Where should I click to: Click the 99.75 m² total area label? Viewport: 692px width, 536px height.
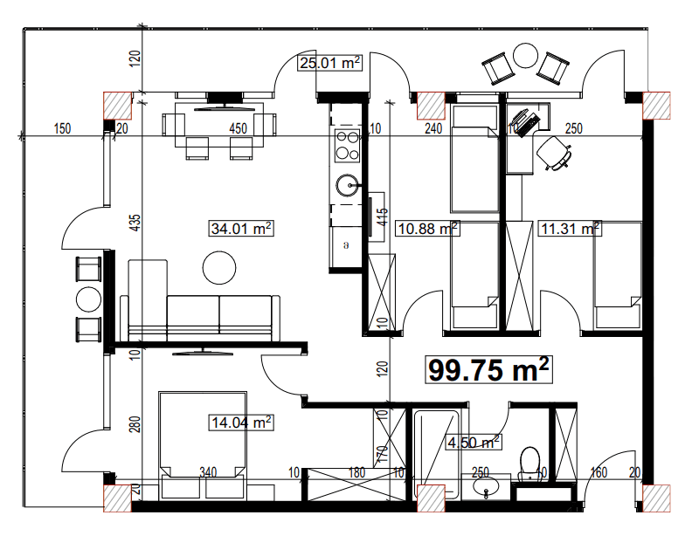point(489,370)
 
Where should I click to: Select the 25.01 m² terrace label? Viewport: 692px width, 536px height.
point(330,63)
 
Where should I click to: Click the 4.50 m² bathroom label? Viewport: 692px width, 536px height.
point(473,442)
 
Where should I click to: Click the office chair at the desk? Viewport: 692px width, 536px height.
point(556,152)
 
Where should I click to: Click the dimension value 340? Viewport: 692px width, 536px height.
point(208,472)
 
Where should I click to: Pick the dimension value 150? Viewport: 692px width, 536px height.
point(61,129)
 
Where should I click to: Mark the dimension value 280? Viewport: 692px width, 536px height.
point(135,425)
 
